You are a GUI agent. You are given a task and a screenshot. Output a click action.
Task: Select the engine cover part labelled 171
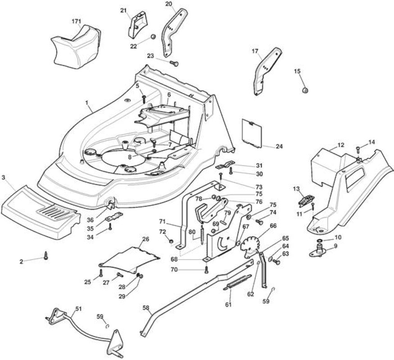pos(76,46)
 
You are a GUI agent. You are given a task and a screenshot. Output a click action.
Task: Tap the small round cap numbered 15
pos(305,90)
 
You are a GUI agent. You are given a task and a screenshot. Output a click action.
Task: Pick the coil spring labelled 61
pos(237,283)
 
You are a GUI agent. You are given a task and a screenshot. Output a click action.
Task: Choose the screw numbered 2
pos(46,255)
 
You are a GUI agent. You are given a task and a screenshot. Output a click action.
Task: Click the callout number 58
pos(146,307)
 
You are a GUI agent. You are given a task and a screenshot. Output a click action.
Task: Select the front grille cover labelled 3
pos(41,212)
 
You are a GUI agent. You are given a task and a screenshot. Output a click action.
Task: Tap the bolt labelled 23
pos(174,63)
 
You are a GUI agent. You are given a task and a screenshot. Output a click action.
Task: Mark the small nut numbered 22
pos(152,36)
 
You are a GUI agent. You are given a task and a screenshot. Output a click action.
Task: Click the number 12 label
pos(341,145)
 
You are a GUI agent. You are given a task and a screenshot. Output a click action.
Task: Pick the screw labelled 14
pos(358,150)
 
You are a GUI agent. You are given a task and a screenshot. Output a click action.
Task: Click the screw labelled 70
pos(206,270)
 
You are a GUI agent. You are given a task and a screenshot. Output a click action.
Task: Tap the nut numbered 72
pos(171,242)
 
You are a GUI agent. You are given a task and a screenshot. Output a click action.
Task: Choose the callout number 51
pos(78,309)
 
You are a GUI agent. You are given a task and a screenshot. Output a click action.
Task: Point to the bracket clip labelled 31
pos(225,165)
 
